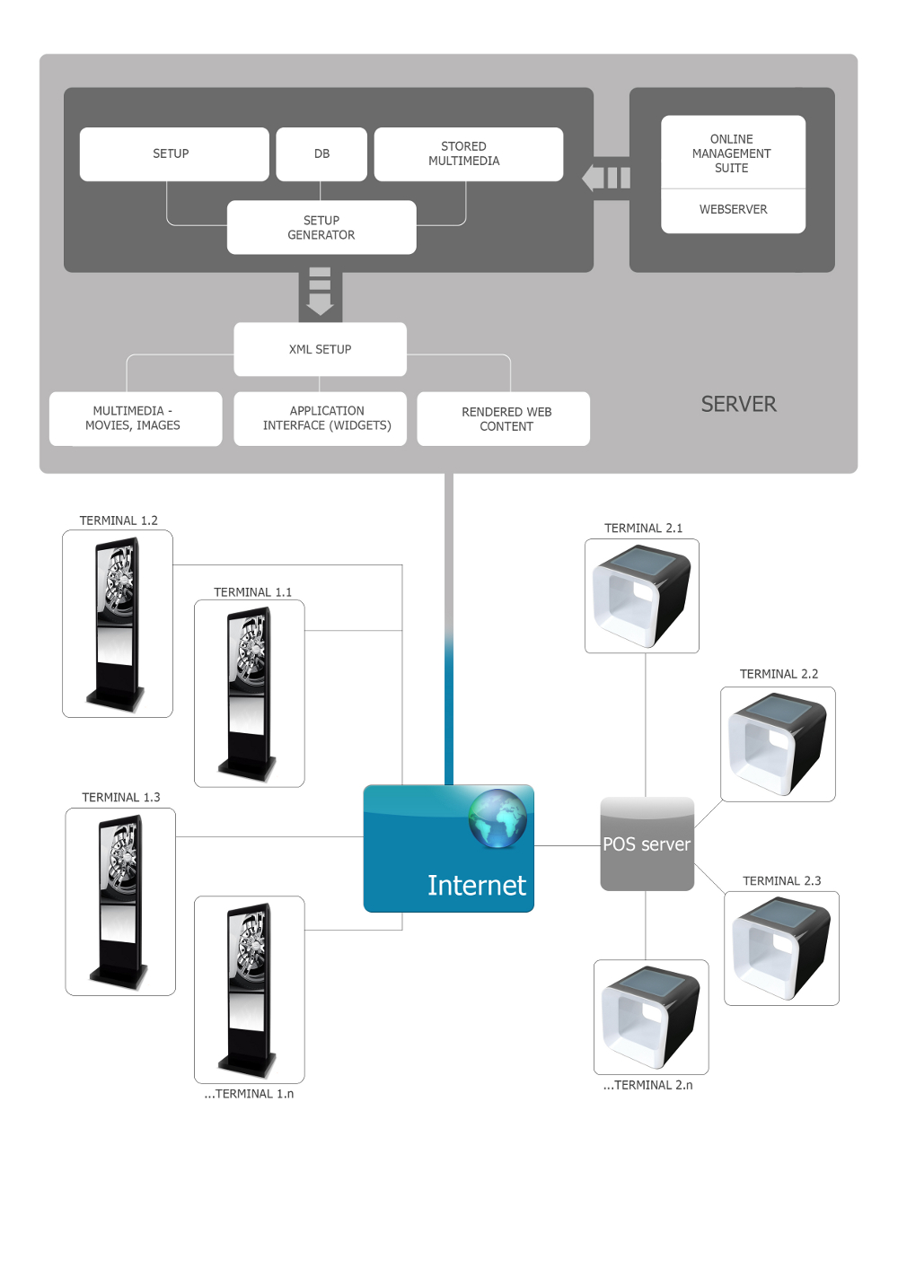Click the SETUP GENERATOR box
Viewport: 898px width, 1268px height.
coord(321,228)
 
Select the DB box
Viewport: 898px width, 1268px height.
coord(321,154)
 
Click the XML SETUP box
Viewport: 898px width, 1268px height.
coord(320,349)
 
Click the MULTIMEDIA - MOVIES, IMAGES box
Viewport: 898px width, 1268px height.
coord(135,419)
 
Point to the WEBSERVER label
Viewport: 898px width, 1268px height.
coord(733,210)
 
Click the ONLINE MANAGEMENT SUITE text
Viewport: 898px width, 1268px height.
coord(732,153)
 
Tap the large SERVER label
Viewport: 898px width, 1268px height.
coord(738,405)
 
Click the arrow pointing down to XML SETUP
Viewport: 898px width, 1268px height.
coord(320,292)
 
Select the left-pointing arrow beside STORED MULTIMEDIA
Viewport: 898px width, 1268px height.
coord(605,178)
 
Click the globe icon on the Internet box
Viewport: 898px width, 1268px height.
coord(497,818)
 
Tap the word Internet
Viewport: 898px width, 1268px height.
coord(476,886)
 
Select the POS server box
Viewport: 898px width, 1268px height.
coord(647,844)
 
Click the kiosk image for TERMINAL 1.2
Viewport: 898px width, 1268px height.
coord(117,624)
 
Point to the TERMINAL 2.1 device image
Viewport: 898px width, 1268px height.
coord(641,596)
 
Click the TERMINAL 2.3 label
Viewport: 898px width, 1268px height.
coord(781,881)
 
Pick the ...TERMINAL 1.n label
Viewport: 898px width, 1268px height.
coord(249,1094)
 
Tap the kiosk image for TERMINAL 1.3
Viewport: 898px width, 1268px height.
coord(120,901)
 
